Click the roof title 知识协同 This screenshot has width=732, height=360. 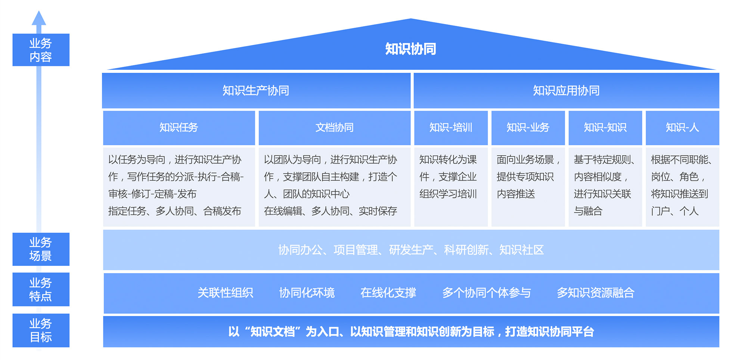(x=410, y=49)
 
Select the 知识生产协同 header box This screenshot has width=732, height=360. (x=256, y=90)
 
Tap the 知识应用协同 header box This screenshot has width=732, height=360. (x=566, y=90)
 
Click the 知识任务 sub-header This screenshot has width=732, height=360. (x=179, y=128)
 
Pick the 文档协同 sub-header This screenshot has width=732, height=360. (x=334, y=128)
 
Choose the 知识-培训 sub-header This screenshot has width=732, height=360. (x=451, y=128)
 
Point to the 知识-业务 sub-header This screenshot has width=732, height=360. (x=528, y=128)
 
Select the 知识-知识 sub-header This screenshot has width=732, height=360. (x=605, y=128)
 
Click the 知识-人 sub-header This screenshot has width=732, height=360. (x=682, y=128)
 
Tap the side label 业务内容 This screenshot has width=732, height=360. (x=41, y=50)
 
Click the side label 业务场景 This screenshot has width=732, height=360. (x=41, y=249)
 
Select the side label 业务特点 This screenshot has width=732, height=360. (x=41, y=289)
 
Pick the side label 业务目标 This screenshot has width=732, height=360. (x=41, y=330)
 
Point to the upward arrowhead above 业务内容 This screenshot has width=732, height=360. (x=39, y=18)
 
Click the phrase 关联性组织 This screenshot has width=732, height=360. (x=225, y=293)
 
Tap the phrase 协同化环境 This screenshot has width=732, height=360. (x=307, y=293)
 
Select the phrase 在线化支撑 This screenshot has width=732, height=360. (x=388, y=293)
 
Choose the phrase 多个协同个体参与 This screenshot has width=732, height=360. (x=486, y=293)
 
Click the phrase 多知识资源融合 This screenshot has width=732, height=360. (x=595, y=293)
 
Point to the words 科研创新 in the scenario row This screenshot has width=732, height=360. (x=466, y=250)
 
